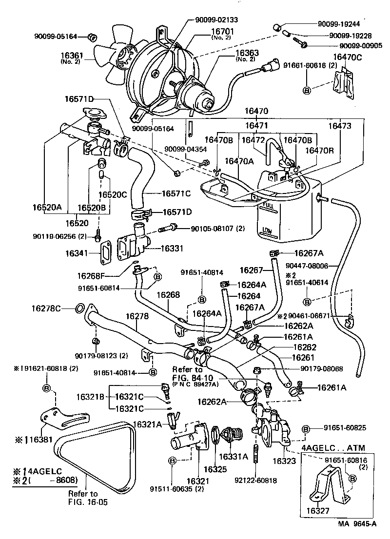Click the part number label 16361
tap(72, 57)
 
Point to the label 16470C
tap(348, 57)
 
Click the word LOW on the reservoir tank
tap(267, 230)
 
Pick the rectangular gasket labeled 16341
tap(105, 253)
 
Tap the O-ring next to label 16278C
tap(79, 308)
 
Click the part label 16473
tap(339, 126)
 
